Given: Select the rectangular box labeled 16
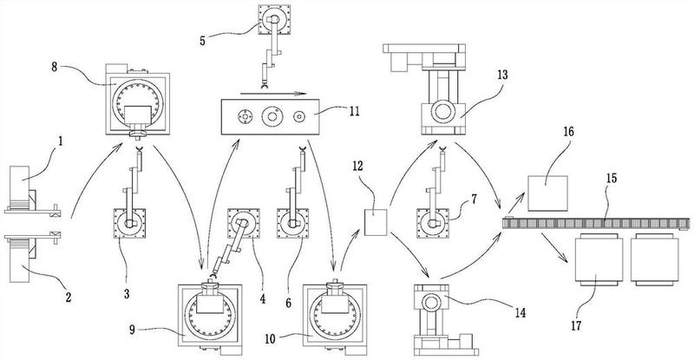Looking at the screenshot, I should pos(547,192).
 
